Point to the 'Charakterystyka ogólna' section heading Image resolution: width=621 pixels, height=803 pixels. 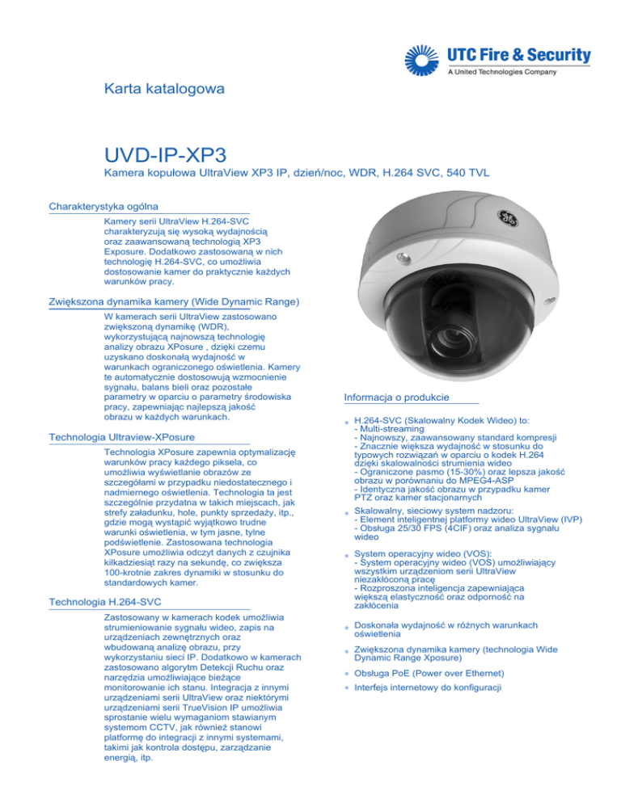coord(103,206)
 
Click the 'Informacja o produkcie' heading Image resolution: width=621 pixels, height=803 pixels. coord(395,397)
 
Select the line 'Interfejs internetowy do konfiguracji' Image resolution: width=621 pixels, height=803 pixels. coord(428,687)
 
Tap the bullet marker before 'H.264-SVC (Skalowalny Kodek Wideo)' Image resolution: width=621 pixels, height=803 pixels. coord(345,422)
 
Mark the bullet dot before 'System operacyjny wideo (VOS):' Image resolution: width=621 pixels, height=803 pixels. coord(345,555)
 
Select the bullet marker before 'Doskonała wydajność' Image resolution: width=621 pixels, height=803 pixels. coord(345,627)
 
